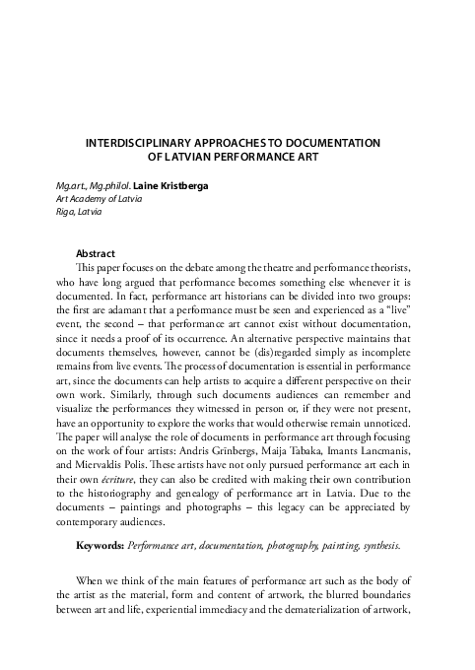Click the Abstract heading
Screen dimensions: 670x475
[96, 253]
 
